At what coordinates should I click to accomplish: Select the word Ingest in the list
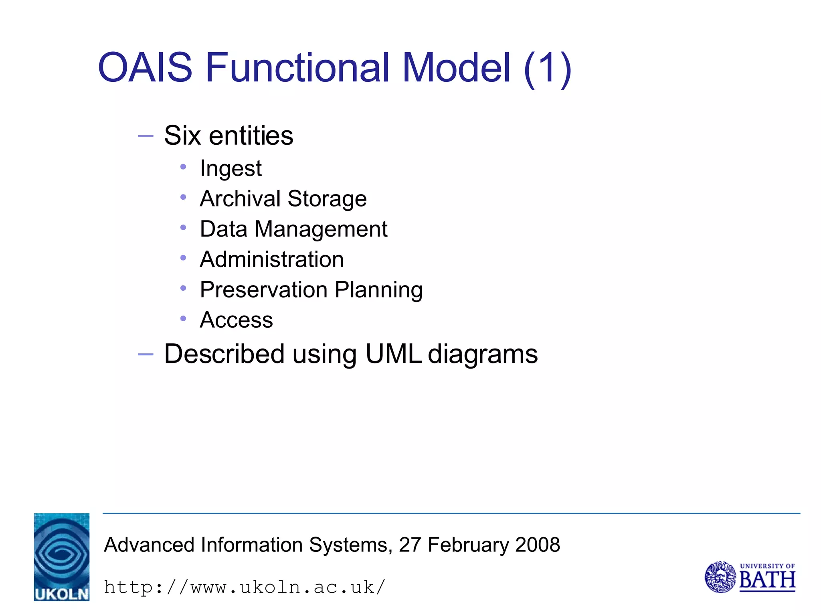click(x=231, y=168)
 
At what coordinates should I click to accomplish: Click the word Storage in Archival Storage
click(x=327, y=199)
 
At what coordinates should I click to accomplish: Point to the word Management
click(x=321, y=229)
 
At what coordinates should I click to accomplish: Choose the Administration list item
click(x=272, y=259)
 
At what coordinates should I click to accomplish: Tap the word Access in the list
click(x=236, y=320)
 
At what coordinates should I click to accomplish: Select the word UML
click(x=393, y=354)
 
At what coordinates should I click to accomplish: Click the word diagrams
click(x=483, y=355)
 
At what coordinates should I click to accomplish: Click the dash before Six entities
click(x=145, y=136)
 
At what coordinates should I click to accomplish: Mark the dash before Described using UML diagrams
click(x=145, y=355)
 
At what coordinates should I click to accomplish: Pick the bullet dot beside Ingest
click(x=183, y=167)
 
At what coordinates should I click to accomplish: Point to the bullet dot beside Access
click(x=183, y=319)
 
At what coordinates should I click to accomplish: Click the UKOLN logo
click(x=62, y=557)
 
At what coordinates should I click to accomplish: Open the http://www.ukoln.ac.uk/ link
click(x=245, y=588)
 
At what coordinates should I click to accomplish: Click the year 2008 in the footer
click(x=537, y=545)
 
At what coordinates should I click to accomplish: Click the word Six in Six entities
click(x=182, y=136)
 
